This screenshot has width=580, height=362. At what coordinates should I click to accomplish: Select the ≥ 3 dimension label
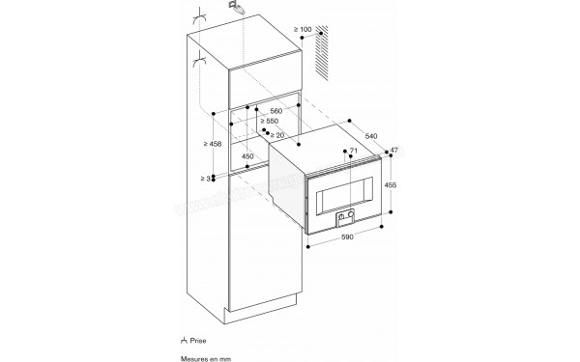click(x=205, y=179)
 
